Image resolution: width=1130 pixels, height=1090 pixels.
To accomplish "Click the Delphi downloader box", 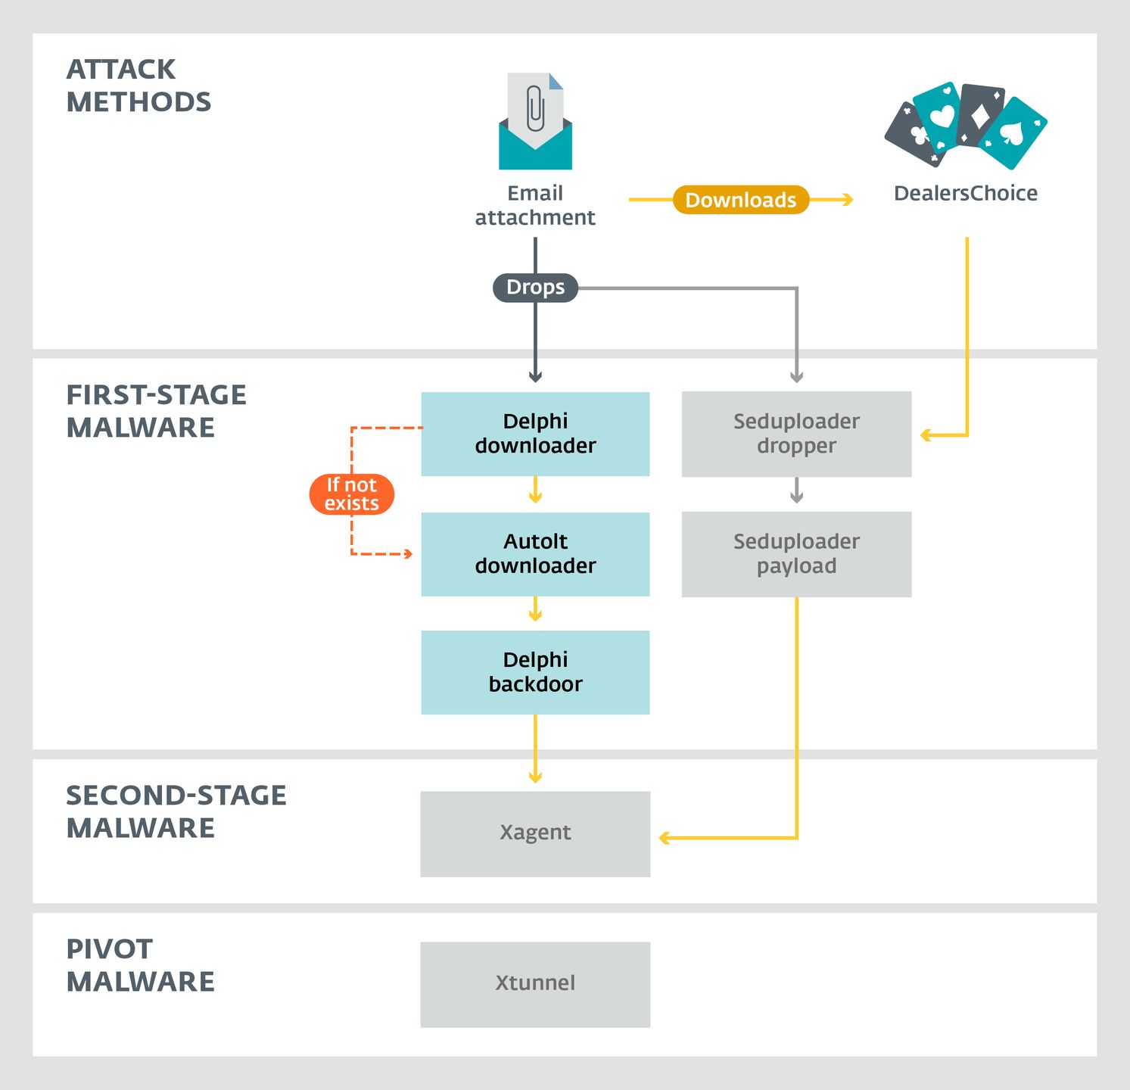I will tap(535, 434).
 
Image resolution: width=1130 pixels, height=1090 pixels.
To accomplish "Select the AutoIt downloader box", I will tap(535, 554).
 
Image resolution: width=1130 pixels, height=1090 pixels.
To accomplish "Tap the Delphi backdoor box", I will tap(535, 672).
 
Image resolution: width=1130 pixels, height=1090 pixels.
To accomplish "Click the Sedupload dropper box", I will tap(796, 434).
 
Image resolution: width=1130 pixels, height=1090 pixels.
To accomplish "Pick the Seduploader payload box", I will tap(796, 554).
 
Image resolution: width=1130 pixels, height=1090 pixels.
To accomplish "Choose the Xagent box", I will tap(535, 833).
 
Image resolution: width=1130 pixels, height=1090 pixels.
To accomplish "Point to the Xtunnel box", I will tap(535, 984).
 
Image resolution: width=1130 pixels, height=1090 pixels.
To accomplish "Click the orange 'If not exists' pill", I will tap(352, 494).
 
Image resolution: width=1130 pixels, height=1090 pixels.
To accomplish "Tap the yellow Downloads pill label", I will tap(741, 200).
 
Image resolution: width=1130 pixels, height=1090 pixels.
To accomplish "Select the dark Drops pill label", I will tap(535, 288).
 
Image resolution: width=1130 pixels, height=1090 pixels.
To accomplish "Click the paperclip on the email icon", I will tap(535, 108).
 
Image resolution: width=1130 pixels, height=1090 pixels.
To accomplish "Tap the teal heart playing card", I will tap(939, 116).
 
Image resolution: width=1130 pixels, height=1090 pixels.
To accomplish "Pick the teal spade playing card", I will tap(1013, 134).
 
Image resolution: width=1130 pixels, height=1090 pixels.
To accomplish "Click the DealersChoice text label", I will tap(965, 194).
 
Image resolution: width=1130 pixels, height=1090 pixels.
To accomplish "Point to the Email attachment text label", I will tap(535, 205).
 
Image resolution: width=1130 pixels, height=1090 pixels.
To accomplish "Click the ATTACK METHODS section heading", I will tap(139, 86).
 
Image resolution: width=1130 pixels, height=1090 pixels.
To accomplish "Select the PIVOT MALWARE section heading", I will tap(140, 965).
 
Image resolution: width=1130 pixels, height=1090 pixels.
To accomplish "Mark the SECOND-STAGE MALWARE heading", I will tap(176, 811).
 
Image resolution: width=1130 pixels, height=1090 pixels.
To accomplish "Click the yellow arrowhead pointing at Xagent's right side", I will tap(664, 838).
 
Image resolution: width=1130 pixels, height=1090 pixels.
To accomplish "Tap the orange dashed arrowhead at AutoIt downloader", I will tap(409, 554).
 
